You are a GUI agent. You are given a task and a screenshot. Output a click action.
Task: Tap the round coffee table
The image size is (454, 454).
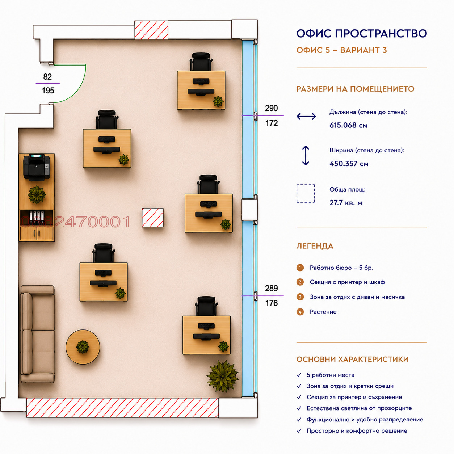click(x=83, y=347)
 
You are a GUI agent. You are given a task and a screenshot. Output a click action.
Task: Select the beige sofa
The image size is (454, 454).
click(x=38, y=334)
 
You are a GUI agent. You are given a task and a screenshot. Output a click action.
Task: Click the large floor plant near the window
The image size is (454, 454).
click(x=223, y=376)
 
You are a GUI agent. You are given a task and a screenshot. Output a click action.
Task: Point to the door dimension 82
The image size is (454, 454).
click(x=47, y=77)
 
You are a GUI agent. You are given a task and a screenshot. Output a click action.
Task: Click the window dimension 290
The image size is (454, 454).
click(x=272, y=108)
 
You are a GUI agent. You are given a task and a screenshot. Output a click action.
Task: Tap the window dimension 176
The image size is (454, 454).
click(x=272, y=303)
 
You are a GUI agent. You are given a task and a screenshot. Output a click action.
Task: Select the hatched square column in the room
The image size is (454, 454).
click(x=153, y=218)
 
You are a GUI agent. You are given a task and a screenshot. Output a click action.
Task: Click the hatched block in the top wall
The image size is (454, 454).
click(x=151, y=30)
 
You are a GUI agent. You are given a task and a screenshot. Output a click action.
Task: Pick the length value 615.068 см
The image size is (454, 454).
click(x=348, y=125)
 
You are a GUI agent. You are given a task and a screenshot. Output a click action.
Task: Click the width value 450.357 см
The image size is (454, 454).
click(x=349, y=164)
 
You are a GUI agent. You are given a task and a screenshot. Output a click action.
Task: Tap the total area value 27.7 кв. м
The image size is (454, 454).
click(x=346, y=203)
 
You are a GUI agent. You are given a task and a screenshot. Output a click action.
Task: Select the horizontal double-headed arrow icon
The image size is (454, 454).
click(x=306, y=116)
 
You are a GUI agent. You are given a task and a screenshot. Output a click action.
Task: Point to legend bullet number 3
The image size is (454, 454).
click(x=300, y=297)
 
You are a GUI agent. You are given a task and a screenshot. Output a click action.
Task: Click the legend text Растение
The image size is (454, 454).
click(x=323, y=312)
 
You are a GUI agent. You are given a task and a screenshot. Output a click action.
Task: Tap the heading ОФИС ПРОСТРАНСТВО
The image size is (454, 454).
click(x=362, y=33)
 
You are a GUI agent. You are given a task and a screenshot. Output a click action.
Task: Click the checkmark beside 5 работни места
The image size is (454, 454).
click(x=299, y=375)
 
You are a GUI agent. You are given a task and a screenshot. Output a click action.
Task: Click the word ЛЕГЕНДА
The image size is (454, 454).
click(x=315, y=246)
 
